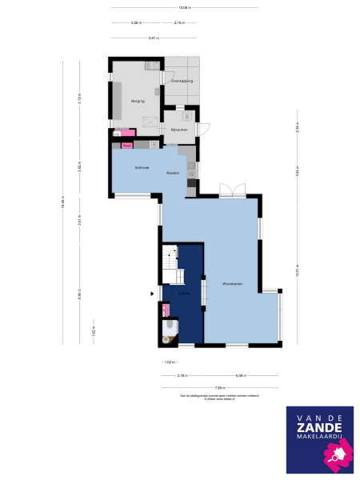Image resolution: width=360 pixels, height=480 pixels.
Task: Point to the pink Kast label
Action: click(x=126, y=146)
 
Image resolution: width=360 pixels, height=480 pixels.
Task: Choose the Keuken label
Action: click(x=171, y=173)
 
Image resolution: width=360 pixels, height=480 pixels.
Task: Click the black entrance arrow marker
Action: click(x=152, y=294)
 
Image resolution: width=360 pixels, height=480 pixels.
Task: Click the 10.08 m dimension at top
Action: click(x=185, y=8)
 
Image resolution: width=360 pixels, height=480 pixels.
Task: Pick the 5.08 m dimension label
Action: click(x=240, y=375)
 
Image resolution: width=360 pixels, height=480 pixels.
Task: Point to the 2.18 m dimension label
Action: click(x=179, y=22)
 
